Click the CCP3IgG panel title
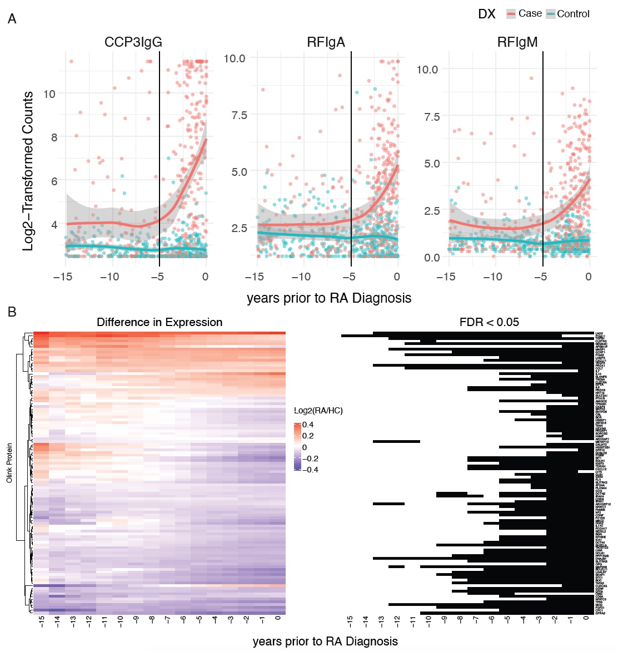[133, 42]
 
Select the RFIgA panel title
[326, 42]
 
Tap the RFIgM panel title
[517, 42]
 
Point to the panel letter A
[12, 19]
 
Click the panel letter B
[12, 312]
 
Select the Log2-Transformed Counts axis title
[28, 171]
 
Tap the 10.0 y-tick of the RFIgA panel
[234, 58]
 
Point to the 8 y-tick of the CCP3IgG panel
[54, 137]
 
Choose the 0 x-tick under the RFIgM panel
[589, 277]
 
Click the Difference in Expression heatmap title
[160, 322]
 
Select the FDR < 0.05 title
[489, 322]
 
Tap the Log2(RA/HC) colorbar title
[318, 411]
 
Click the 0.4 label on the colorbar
[308, 425]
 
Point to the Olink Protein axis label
[9, 462]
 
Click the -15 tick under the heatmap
[42, 622]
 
